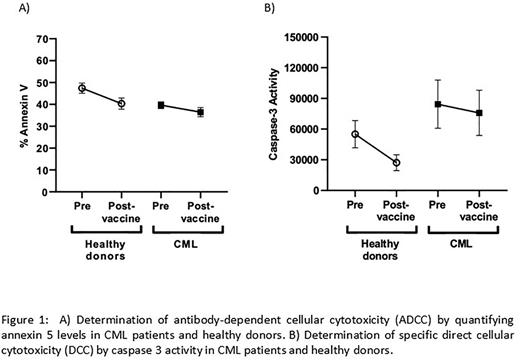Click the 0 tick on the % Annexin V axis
pos(44,190)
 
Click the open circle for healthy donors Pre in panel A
pos(82,88)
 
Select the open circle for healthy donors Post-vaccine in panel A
pos(121,103)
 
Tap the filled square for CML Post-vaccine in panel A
pos(200,112)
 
